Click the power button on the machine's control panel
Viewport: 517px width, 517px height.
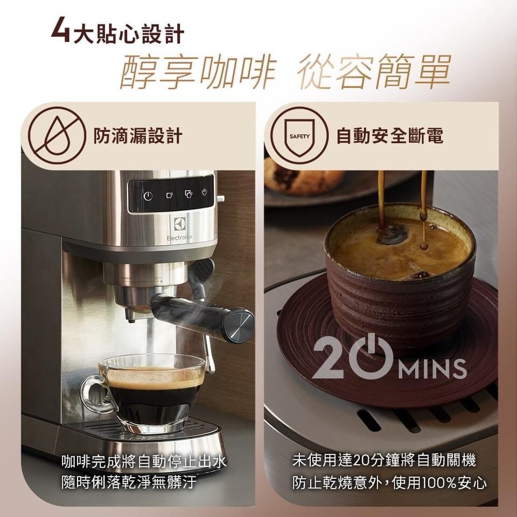pyautogui.click(x=148, y=196)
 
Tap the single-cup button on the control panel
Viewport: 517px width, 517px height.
pyautogui.click(x=170, y=195)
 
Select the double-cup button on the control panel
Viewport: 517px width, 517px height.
pyautogui.click(x=188, y=194)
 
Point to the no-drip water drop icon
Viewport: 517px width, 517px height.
pyautogui.click(x=57, y=136)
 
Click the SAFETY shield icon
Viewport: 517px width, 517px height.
pyautogui.click(x=299, y=136)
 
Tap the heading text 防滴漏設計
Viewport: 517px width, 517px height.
pyautogui.click(x=138, y=136)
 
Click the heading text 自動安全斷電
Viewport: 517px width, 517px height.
pyautogui.click(x=390, y=136)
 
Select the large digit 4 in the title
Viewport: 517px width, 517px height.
pyautogui.click(x=61, y=30)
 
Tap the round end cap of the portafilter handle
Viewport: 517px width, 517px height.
pyautogui.click(x=239, y=326)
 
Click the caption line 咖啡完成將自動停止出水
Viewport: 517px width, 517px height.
pyautogui.click(x=144, y=461)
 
